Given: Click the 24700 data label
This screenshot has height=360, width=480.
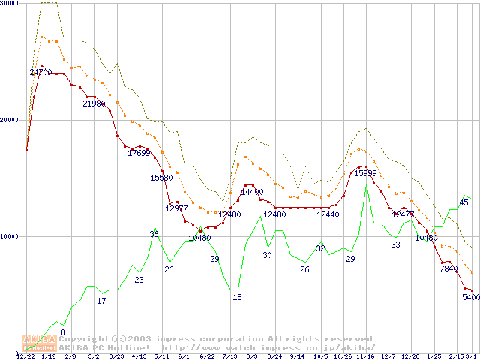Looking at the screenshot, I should point(40,73).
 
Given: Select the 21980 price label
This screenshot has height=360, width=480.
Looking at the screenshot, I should point(94,104).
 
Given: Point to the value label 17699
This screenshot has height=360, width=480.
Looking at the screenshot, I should point(139,154).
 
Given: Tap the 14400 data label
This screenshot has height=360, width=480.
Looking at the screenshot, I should point(251,193).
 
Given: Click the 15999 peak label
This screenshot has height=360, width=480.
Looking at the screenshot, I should point(365,173).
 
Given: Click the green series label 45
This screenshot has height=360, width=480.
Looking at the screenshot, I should point(463,203).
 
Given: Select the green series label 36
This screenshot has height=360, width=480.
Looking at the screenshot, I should point(154,235).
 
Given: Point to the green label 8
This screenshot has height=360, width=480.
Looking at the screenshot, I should point(63,332).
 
